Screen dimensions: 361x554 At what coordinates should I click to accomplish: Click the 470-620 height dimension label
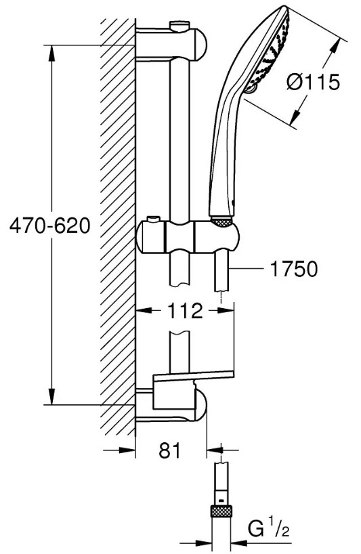pos(50,226)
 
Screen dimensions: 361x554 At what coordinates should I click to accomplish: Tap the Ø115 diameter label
pos(314,83)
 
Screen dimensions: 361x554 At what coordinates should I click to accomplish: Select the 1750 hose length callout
pos(294,270)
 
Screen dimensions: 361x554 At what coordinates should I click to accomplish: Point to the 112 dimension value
pos(185,311)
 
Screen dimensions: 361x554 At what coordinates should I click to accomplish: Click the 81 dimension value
pos(169,450)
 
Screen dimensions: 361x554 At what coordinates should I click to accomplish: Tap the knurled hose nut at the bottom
pos(221,511)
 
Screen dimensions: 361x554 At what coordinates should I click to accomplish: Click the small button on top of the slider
pos(152,219)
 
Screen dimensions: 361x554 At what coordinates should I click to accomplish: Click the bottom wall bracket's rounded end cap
pos(200,405)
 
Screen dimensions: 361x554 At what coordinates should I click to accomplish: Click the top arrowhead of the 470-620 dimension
pos(51,54)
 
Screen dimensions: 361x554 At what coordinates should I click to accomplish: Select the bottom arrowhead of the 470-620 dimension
pos(51,396)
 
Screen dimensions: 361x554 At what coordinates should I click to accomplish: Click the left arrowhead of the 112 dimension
pos(144,311)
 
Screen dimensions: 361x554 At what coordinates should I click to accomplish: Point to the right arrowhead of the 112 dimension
pos(226,311)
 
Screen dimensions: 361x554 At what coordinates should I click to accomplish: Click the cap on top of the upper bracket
pos(179,26)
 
